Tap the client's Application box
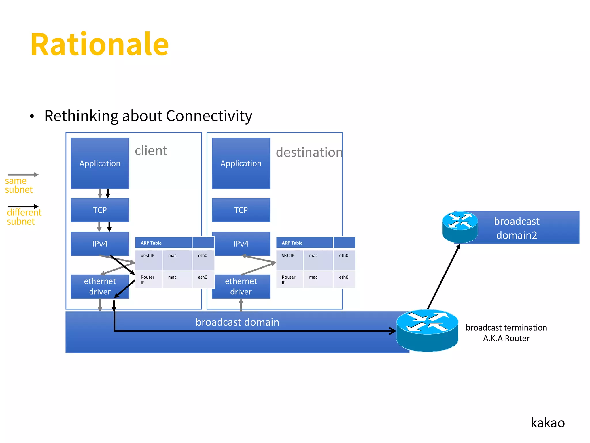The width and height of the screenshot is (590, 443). [x=100, y=163]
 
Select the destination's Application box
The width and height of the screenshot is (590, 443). [x=241, y=163]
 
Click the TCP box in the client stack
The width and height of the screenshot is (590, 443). [x=100, y=210]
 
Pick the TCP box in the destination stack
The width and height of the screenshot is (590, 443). [x=241, y=210]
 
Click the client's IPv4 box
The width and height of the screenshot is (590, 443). [x=100, y=243]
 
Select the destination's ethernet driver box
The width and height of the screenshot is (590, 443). [x=241, y=286]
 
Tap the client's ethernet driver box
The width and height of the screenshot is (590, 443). [x=100, y=286]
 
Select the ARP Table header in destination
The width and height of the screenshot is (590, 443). [x=292, y=243]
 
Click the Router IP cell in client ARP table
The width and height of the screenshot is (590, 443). [x=148, y=279]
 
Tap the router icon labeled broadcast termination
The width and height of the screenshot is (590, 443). [x=427, y=331]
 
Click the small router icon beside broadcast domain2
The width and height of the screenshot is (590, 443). [x=460, y=227]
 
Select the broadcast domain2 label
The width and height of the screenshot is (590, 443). [x=517, y=228]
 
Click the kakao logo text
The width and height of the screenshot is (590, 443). [x=547, y=423]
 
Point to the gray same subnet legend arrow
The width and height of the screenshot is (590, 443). [x=23, y=174]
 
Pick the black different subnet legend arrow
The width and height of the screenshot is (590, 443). [x=23, y=206]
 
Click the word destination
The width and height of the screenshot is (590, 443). [x=309, y=152]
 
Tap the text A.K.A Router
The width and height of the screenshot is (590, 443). [x=506, y=338]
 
